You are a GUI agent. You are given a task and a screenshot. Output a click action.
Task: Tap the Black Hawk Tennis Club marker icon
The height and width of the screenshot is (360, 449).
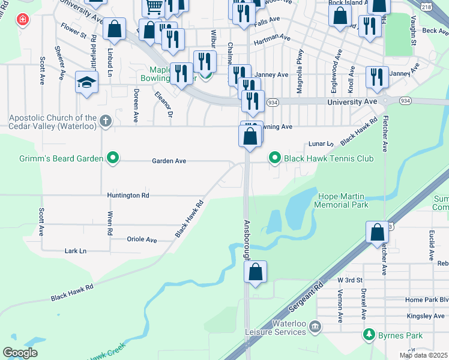coord(275,158)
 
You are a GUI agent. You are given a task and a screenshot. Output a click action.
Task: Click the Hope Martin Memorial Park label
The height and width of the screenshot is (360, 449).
coord(343,200)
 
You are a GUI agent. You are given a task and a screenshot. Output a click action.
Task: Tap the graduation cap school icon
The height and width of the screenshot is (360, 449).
coord(86,82)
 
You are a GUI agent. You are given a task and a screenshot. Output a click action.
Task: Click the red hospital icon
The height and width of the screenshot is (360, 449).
coord(23,19)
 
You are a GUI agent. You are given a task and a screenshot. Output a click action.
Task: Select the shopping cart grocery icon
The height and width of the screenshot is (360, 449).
coord(154,7)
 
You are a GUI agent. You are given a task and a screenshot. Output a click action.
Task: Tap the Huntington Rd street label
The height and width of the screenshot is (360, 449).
coord(128,196)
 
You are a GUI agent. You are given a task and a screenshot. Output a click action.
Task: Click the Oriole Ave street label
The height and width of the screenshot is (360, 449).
coord(142,239)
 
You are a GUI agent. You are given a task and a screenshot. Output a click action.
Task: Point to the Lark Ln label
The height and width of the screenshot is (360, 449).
coord(75,251)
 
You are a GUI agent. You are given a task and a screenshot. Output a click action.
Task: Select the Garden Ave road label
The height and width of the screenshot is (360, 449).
coord(169,161)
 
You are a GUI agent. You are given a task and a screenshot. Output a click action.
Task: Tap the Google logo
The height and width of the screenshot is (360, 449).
coord(20,352)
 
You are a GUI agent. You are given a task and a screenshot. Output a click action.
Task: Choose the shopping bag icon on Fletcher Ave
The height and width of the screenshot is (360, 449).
coord(377,232)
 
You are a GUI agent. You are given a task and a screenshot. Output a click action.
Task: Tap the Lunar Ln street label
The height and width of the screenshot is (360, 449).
coord(321,144)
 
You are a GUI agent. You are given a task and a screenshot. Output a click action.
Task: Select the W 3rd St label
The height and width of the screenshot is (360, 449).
coord(350,280)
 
